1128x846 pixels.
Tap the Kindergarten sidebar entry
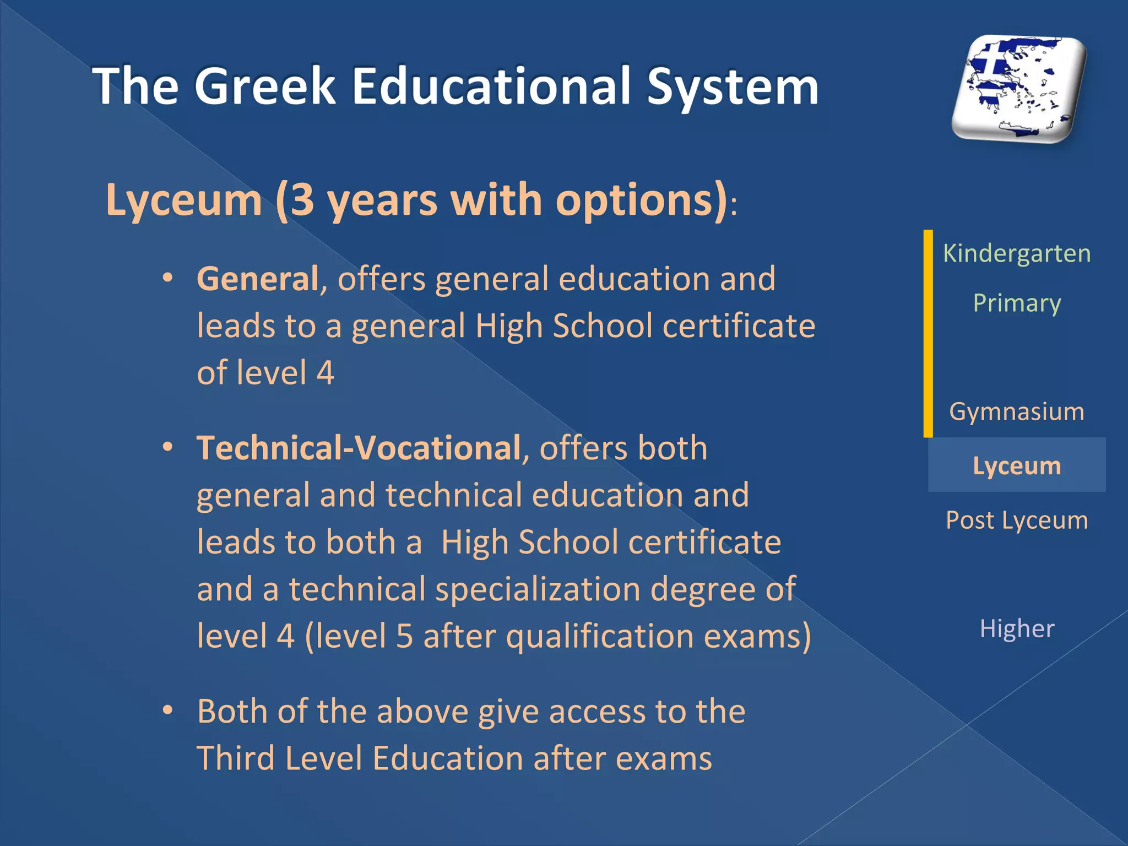1017,254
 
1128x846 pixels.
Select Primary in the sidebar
1017,303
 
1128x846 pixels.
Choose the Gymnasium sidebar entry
1017,411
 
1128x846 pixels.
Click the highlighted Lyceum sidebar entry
1017,465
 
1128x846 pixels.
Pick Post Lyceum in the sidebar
1017,520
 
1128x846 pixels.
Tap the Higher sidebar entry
1017,628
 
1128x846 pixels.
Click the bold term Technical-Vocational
359,447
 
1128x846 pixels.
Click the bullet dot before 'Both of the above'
168,711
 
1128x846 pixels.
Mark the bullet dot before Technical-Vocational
168,447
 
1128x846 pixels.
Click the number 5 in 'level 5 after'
404,636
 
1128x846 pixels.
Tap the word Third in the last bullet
236,758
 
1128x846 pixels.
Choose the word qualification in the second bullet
600,637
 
